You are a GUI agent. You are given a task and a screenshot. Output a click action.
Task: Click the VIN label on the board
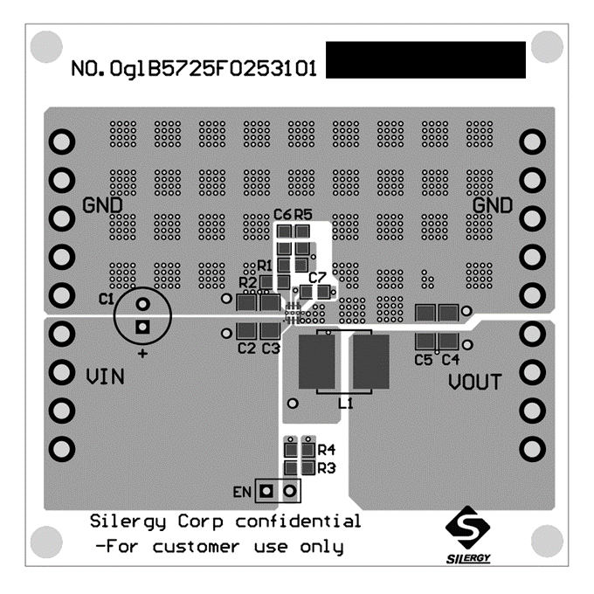pos(105,376)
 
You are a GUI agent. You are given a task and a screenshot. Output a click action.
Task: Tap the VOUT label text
pos(475,382)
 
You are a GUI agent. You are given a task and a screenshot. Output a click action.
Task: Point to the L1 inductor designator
pos(346,404)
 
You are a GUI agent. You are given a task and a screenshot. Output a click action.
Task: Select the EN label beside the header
pos(242,492)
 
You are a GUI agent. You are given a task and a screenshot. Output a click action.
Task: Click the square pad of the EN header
pos(266,491)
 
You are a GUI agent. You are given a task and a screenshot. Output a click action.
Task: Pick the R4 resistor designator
pos(326,450)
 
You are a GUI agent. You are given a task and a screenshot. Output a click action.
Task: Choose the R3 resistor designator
pos(326,468)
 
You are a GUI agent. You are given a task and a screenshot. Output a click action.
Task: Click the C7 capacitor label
pos(317,278)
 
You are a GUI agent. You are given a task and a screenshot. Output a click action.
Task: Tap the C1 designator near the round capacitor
pos(106,300)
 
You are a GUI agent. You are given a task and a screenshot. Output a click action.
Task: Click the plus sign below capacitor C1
pos(142,354)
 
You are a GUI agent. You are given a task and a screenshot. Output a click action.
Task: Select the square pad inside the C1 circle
pos(142,327)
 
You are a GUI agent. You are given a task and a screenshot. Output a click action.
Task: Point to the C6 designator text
pos(283,214)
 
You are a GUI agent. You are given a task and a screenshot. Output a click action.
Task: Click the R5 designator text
pos(303,214)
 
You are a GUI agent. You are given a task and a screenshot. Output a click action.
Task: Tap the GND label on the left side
pos(102,205)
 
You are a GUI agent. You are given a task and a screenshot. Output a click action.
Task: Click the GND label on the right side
pos(493,205)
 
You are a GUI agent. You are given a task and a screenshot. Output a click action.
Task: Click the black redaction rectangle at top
pos(425,60)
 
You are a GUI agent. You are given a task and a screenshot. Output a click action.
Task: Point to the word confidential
pos(298,521)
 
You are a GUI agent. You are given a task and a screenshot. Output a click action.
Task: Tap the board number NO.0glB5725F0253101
pos(194,68)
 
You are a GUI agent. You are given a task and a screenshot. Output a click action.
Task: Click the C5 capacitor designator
pos(424,360)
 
